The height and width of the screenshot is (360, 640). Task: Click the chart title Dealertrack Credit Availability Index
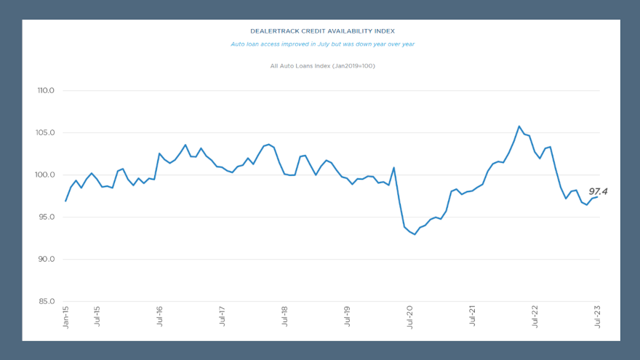pos(322,31)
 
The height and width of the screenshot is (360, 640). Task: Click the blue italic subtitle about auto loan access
pos(322,44)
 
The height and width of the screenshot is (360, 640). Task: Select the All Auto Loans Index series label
pos(322,66)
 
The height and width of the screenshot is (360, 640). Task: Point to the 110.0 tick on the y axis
pos(46,91)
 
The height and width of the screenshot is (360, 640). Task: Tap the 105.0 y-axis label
pos(46,133)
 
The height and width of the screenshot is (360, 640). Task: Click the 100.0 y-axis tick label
pos(46,175)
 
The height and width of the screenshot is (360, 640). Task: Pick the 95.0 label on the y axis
pos(46,217)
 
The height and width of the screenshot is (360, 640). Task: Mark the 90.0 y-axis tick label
pos(46,260)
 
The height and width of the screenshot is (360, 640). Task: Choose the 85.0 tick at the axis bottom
pos(46,302)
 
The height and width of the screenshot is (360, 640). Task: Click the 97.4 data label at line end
pos(598,192)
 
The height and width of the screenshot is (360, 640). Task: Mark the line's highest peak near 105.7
pos(519,127)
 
